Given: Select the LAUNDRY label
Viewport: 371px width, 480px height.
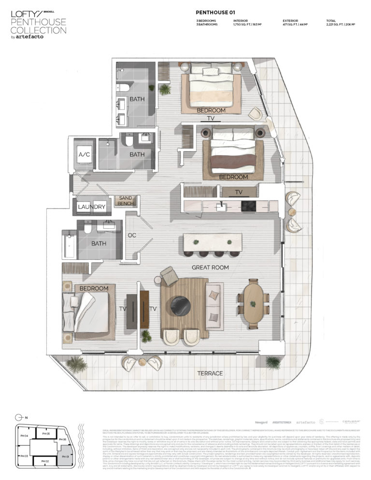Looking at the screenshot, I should [x=91, y=207].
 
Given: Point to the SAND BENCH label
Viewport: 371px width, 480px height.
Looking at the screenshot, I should [x=126, y=201].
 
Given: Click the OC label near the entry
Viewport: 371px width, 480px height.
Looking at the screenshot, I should [x=131, y=235].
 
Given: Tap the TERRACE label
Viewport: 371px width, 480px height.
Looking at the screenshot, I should [x=210, y=373].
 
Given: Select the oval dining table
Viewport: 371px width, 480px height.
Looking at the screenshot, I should [x=254, y=303].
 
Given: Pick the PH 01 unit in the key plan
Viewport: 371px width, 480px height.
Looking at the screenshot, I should [x=65, y=456].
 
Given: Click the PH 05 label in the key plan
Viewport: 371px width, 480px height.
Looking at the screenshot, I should [x=45, y=433].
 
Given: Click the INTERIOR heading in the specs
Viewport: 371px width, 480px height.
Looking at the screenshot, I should [x=241, y=20].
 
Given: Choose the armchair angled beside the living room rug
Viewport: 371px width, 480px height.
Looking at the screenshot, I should [x=170, y=276].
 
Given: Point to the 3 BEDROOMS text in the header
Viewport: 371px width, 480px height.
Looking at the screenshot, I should [x=207, y=20].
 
